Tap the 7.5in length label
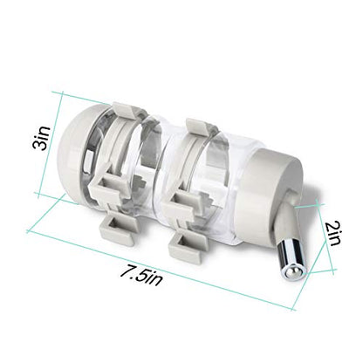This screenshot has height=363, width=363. click(141, 277)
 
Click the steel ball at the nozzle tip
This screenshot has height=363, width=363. click(293, 272)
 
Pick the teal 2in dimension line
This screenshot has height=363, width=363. click(324, 238)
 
